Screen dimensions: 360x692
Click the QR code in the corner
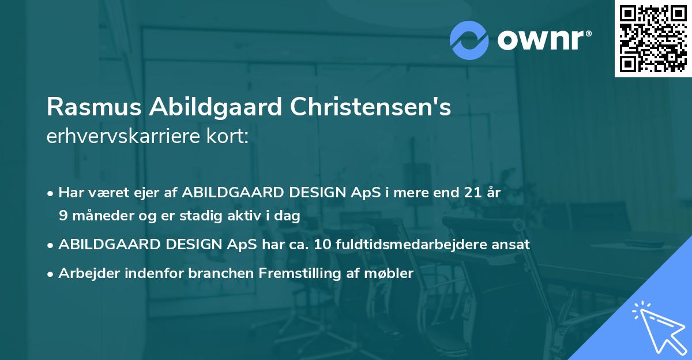[653, 39]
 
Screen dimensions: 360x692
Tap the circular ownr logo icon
[469, 40]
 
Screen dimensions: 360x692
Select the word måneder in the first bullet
[101, 215]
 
